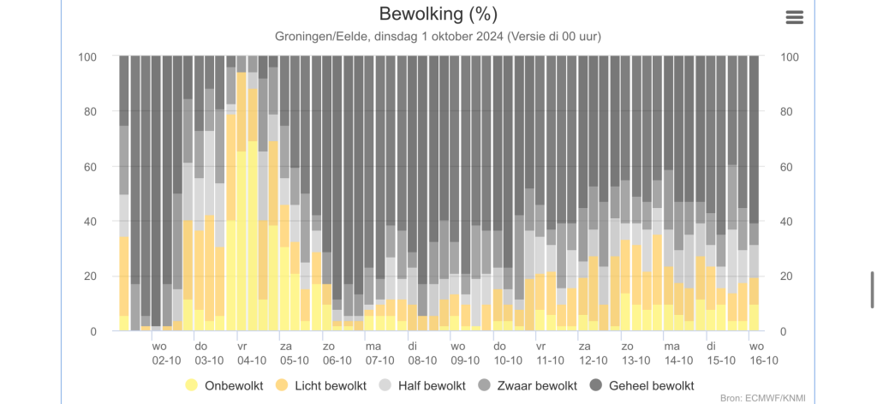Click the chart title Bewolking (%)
click(x=438, y=15)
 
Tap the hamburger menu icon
click(x=794, y=17)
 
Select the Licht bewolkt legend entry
click(x=322, y=385)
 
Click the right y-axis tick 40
click(x=788, y=221)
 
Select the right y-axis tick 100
click(x=790, y=56)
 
